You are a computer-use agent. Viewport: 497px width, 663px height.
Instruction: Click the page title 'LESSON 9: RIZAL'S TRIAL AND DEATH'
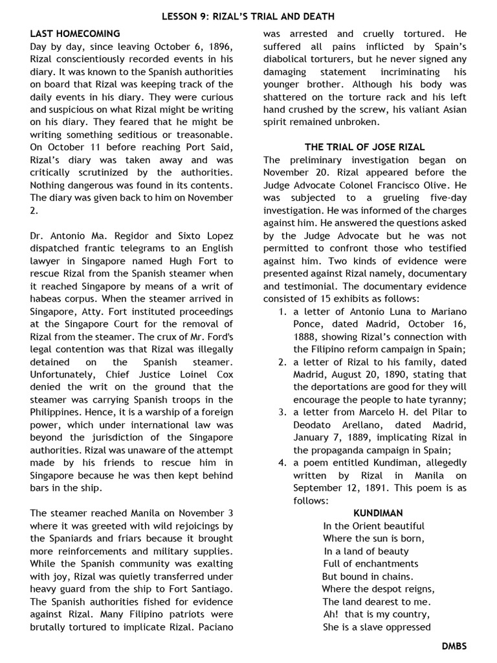248,16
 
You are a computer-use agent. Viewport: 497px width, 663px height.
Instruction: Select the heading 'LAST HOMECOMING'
75,33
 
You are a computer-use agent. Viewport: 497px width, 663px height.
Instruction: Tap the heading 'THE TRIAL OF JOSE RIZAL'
365,148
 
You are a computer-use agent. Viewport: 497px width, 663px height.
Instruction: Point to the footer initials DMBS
454,646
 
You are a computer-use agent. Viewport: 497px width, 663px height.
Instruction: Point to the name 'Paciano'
214,627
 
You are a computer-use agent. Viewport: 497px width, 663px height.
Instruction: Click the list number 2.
282,362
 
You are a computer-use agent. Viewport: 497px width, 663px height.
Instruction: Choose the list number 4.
282,463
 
